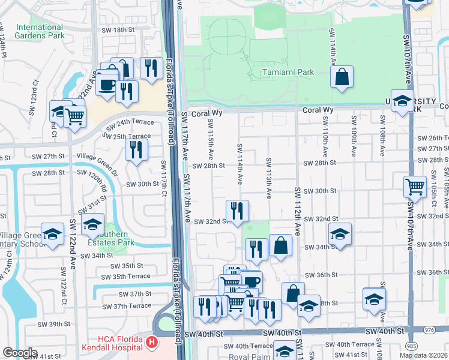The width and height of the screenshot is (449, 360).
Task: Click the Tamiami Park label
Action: click(x=288, y=72)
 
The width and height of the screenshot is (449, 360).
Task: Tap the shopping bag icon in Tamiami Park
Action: click(x=342, y=77)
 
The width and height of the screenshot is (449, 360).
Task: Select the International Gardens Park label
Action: click(x=40, y=31)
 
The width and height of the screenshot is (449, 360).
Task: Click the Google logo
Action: click(x=19, y=353)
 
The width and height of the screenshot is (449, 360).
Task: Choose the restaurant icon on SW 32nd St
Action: click(x=238, y=211)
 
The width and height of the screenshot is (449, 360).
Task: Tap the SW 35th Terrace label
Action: click(x=127, y=277)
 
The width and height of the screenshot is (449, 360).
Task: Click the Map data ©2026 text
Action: click(x=423, y=355)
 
